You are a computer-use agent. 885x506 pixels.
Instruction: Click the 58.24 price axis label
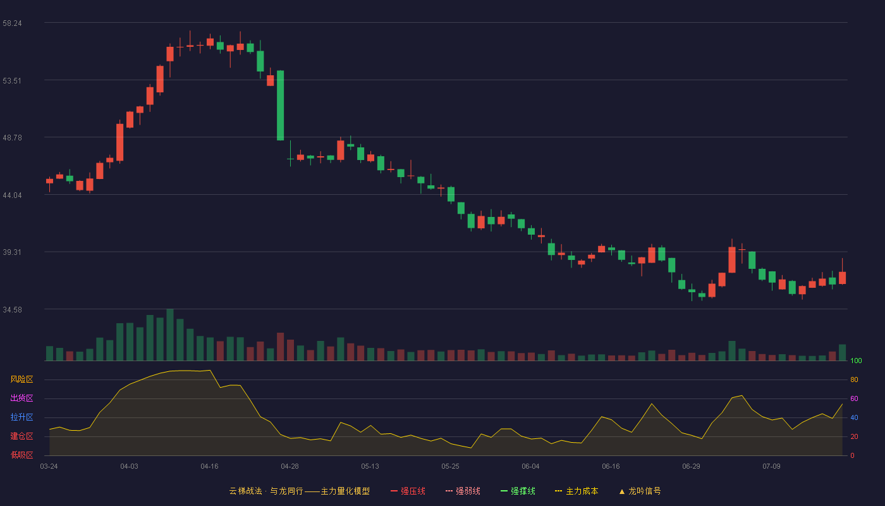click(12, 23)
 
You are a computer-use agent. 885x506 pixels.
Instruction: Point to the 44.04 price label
click(12, 195)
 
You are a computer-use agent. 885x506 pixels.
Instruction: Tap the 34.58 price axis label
click(12, 310)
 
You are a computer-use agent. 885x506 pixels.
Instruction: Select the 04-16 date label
click(209, 467)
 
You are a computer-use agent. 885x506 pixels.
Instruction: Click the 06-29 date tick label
click(691, 467)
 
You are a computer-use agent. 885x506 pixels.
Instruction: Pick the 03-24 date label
click(49, 467)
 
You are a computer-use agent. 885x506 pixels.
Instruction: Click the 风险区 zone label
click(21, 379)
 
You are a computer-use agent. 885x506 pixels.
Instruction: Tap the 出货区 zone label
click(21, 398)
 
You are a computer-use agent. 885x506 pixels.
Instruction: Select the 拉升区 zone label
click(21, 417)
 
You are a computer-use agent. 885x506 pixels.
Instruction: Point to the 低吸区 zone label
click(21, 455)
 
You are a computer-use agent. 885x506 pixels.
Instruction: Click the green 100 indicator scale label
click(856, 361)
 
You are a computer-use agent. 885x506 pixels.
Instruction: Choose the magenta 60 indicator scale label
click(854, 398)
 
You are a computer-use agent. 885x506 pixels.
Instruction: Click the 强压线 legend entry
click(408, 491)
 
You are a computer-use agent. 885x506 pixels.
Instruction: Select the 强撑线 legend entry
click(518, 491)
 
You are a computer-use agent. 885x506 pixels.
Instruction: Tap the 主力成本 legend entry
click(577, 491)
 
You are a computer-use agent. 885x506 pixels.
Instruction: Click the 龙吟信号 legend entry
click(640, 491)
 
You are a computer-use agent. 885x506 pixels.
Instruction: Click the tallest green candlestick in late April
click(280, 106)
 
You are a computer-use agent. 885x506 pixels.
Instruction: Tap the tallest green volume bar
click(170, 335)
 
